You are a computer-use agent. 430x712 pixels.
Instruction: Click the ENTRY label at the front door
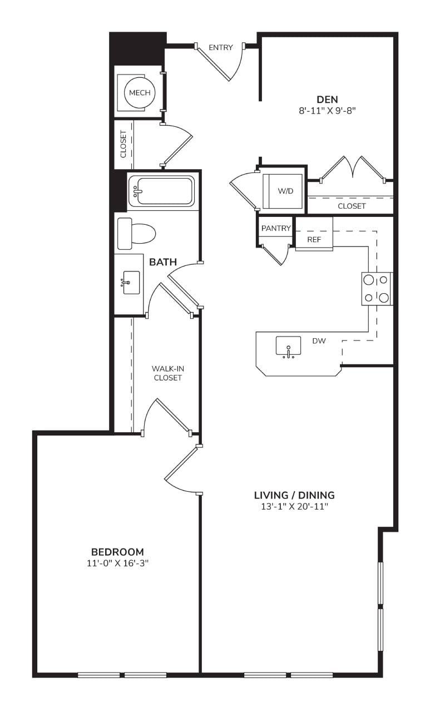tap(220, 48)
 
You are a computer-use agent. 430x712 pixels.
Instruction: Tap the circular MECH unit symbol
tap(140, 93)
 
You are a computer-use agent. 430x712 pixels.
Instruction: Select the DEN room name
tap(327, 100)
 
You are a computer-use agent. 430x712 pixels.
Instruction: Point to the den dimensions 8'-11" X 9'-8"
tap(327, 111)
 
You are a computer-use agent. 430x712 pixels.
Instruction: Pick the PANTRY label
tap(276, 228)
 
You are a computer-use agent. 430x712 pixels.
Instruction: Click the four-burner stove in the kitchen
tap(377, 289)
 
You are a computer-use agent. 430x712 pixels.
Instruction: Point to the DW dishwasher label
tap(319, 341)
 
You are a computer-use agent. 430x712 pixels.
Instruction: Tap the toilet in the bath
tap(136, 234)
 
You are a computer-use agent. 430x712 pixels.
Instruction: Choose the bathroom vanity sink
tap(131, 283)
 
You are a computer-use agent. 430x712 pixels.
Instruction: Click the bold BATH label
tap(163, 262)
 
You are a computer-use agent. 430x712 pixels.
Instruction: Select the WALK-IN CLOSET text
tap(168, 373)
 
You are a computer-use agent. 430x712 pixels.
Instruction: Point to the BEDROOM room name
tap(117, 552)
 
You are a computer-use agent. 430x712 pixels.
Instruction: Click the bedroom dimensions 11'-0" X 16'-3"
tap(117, 563)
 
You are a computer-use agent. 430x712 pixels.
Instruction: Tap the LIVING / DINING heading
tap(294, 495)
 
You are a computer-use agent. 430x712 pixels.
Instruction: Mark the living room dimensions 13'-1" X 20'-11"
tap(294, 507)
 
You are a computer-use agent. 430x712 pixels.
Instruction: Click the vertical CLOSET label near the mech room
tap(123, 144)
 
